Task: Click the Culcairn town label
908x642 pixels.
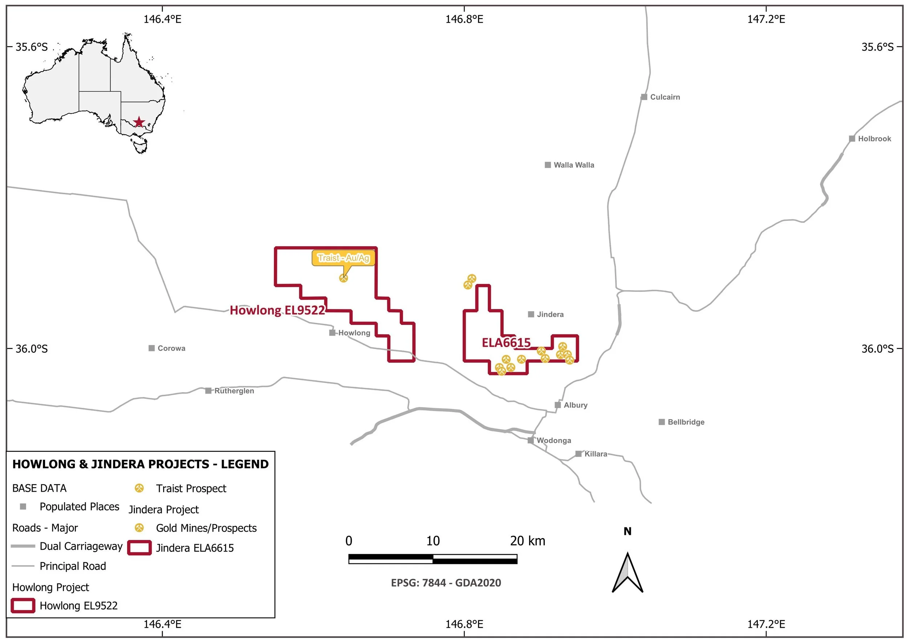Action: click(x=665, y=97)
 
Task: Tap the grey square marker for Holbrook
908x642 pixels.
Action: click(x=852, y=139)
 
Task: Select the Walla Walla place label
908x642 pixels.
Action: click(x=573, y=165)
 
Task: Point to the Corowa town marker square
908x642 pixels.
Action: click(x=151, y=348)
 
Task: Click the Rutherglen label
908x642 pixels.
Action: click(x=234, y=391)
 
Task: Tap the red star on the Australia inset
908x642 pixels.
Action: click(x=139, y=122)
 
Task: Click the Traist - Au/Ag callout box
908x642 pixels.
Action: click(x=343, y=258)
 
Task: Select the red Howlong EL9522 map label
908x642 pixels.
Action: click(x=277, y=310)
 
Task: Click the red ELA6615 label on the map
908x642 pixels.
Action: click(x=506, y=343)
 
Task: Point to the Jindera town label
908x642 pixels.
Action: click(x=550, y=315)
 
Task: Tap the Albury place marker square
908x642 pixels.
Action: click(x=558, y=405)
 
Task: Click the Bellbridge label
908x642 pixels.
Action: click(x=686, y=422)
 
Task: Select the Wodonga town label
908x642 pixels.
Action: click(x=554, y=441)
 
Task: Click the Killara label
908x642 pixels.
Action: click(x=596, y=454)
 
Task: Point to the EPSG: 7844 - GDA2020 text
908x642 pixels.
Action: click(x=446, y=583)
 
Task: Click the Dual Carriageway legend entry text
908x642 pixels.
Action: click(x=81, y=546)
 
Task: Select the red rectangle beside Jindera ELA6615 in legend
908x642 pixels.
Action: click(x=139, y=548)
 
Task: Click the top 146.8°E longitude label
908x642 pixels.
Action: click(x=464, y=19)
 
